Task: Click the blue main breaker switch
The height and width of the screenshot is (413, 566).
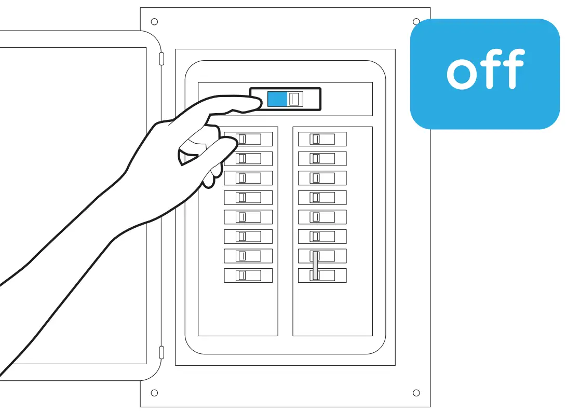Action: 277,99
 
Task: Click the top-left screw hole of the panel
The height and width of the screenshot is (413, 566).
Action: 154,22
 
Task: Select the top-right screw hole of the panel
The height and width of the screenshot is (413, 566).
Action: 416,22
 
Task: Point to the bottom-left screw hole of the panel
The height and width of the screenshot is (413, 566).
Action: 154,393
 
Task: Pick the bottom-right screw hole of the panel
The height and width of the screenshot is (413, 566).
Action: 416,393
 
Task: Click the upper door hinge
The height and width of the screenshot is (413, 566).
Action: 161,58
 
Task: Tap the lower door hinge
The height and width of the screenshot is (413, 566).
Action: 161,353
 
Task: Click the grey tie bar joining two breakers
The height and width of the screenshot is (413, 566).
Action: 315,266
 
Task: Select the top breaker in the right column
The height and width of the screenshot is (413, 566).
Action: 322,139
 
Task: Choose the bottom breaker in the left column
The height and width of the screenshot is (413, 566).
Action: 248,276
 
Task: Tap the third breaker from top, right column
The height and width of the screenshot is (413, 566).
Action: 322,178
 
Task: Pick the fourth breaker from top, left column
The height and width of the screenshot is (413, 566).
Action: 248,197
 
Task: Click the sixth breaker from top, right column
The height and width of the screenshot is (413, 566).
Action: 322,237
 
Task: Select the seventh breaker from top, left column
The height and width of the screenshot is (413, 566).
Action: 248,256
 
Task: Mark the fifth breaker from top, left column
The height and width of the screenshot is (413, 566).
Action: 248,217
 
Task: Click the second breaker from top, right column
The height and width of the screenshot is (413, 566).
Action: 322,158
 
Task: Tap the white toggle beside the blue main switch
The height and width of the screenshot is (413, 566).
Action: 295,99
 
